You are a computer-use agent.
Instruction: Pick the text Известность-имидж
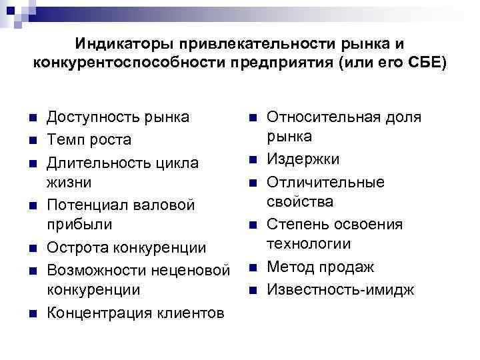click(x=340, y=289)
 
